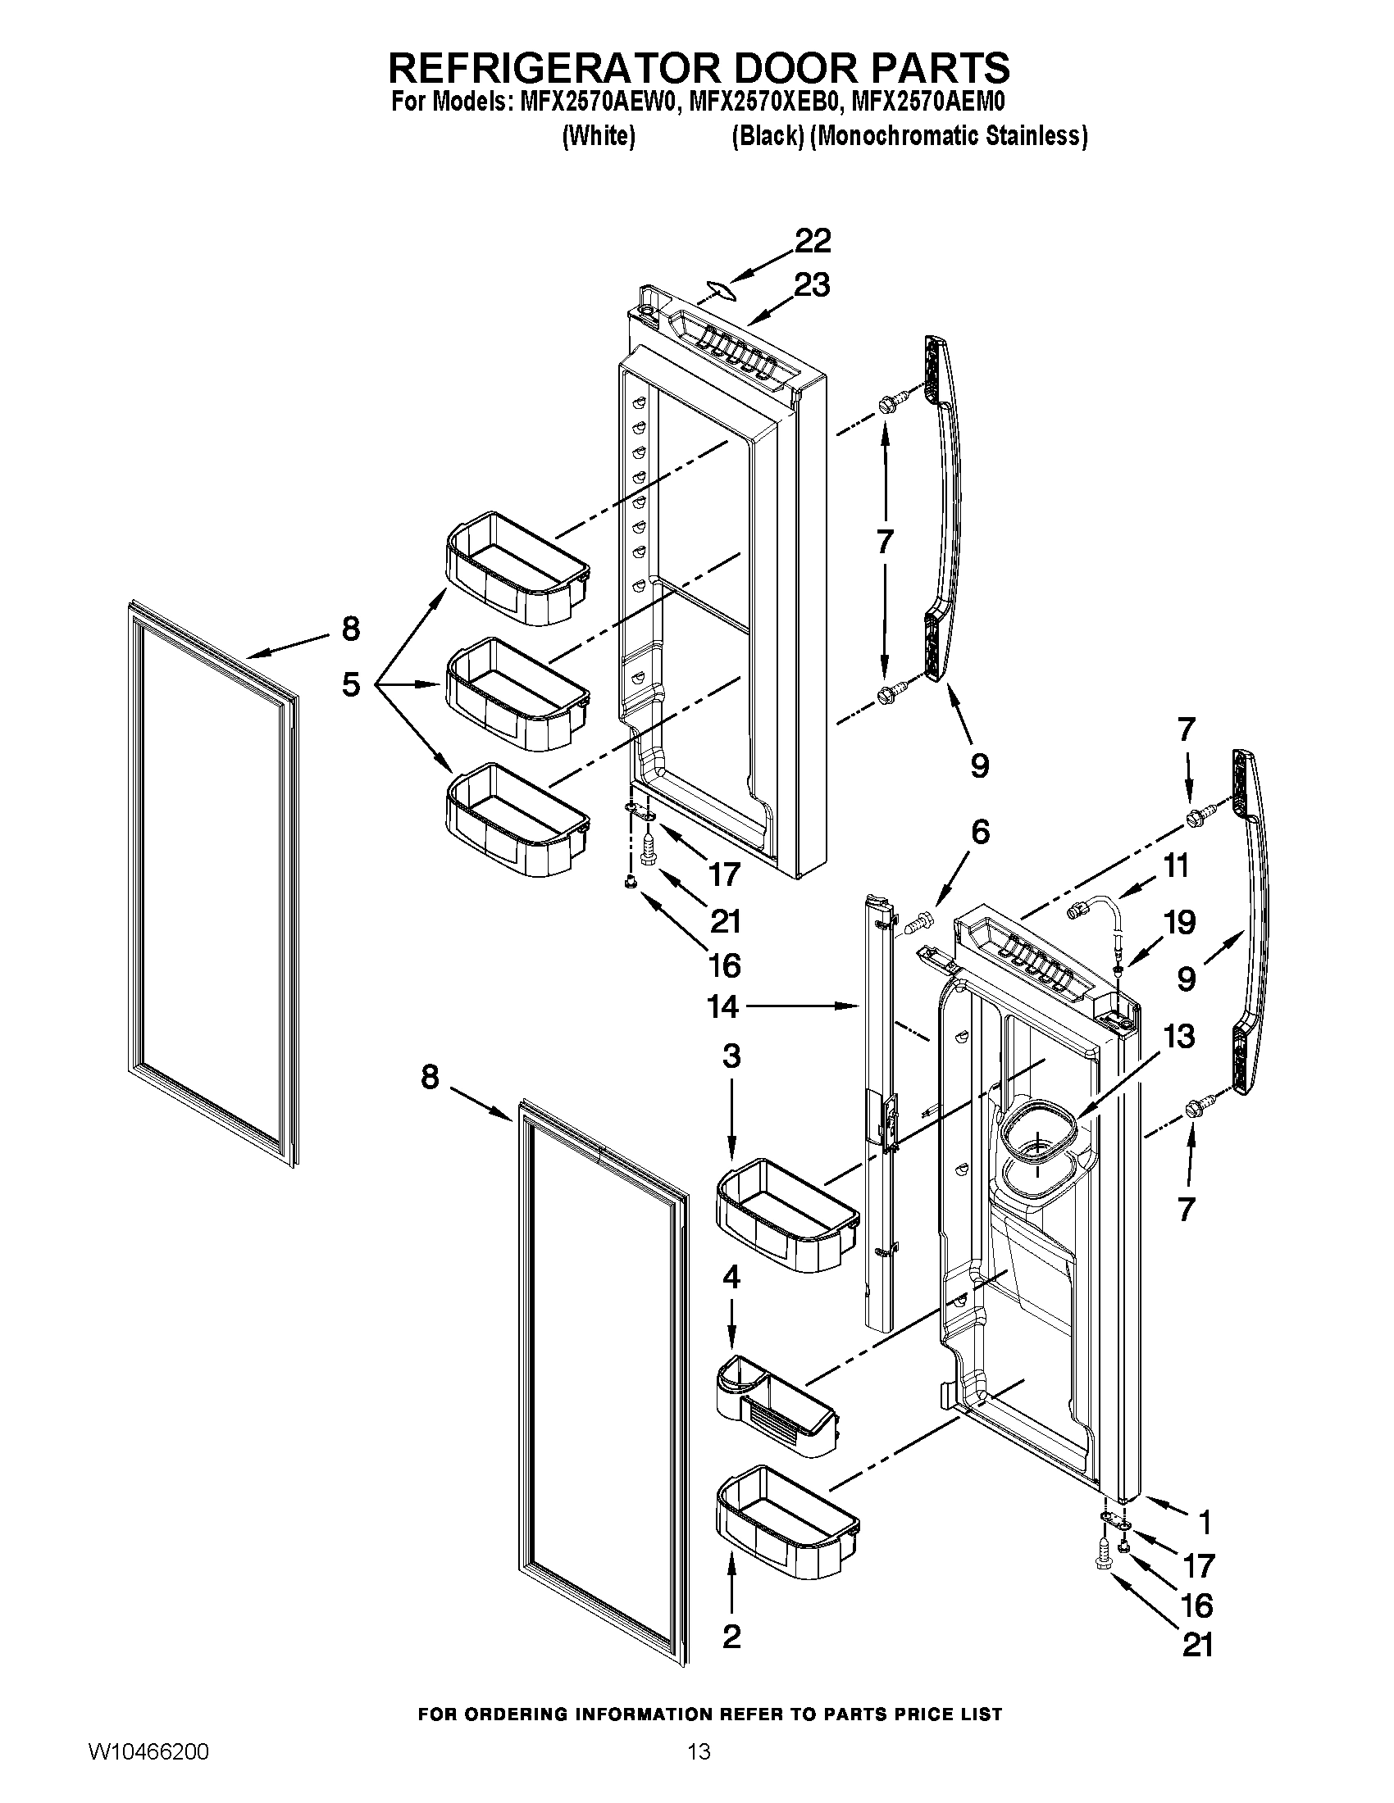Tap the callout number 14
pos(722,1006)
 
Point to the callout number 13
pos(1178,1036)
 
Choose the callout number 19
pos(1179,922)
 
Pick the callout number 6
pos(979,833)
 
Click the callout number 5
pos(351,684)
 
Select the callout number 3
pos(731,1056)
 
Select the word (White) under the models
pos(599,136)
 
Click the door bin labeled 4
pos(777,1412)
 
